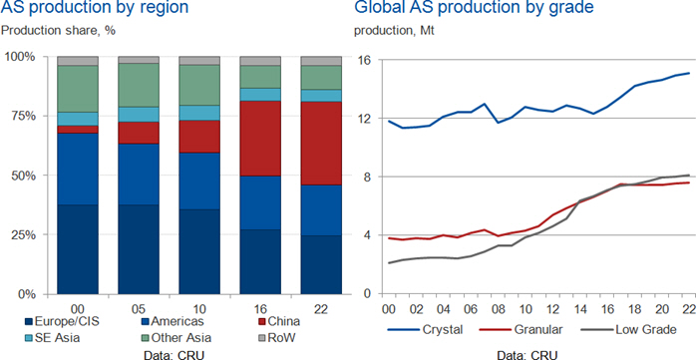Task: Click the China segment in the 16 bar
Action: pos(260,139)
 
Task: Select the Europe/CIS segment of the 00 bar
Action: pos(78,249)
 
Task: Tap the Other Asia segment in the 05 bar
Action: pos(138,85)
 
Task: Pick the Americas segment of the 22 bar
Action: pos(321,210)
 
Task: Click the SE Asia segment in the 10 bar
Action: pos(199,113)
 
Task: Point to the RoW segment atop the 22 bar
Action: pos(321,61)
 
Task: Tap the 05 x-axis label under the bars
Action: pos(138,308)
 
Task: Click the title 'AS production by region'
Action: pos(95,8)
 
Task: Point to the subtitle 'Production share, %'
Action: pos(58,31)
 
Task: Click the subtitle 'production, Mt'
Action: pos(391,33)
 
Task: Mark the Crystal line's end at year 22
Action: pos(688,73)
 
